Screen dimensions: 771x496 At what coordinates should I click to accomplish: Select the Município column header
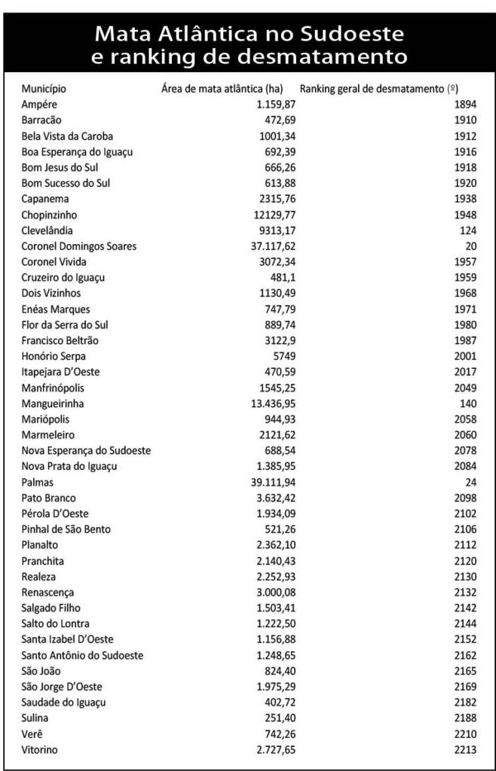click(44, 88)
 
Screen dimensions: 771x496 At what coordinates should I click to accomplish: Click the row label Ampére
click(40, 104)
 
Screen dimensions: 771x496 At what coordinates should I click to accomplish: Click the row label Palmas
click(38, 482)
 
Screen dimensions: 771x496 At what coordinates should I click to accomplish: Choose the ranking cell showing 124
click(466, 230)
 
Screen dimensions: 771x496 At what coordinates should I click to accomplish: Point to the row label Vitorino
click(41, 750)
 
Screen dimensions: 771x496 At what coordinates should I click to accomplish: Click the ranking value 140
click(466, 404)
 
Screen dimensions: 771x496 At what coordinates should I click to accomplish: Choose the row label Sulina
click(36, 718)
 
